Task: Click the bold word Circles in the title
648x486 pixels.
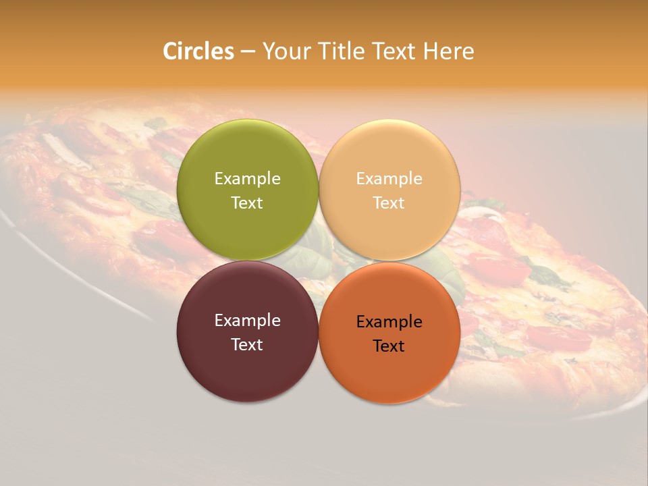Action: click(x=198, y=51)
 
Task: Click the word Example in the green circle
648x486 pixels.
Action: click(x=247, y=179)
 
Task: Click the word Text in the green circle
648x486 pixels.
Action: click(x=247, y=203)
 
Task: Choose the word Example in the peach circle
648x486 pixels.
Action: click(x=389, y=179)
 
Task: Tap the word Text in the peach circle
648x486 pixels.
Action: click(x=389, y=203)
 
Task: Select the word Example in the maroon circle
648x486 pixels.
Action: click(x=247, y=321)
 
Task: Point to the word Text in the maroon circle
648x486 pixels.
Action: click(x=247, y=345)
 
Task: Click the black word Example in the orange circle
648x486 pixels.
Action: click(x=389, y=322)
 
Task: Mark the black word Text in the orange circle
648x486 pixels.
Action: click(x=389, y=346)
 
